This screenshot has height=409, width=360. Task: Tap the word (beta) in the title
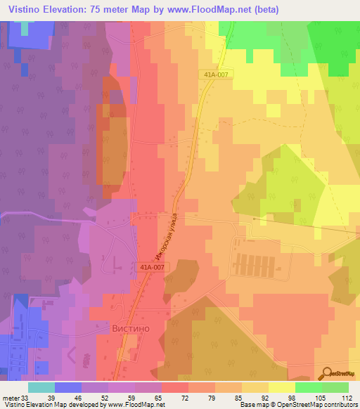pos(266,10)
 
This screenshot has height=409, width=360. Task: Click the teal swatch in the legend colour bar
pos(41,387)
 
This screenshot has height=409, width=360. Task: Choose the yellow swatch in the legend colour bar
pos(281,387)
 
